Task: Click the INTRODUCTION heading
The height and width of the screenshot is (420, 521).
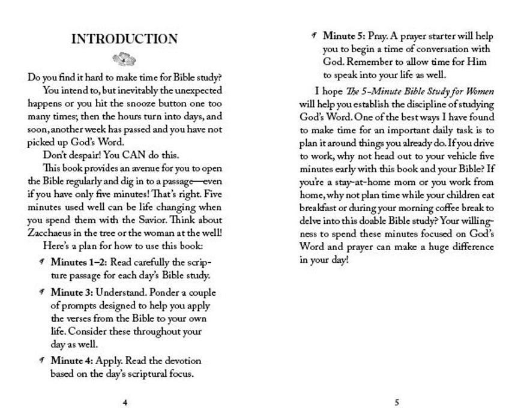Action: [x=124, y=40]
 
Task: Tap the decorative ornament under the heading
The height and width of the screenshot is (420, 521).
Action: [x=124, y=59]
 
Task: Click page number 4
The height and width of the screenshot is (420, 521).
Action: [x=124, y=402]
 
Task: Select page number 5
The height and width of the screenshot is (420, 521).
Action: [x=397, y=402]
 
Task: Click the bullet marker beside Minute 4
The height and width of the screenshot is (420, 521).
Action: [x=41, y=361]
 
